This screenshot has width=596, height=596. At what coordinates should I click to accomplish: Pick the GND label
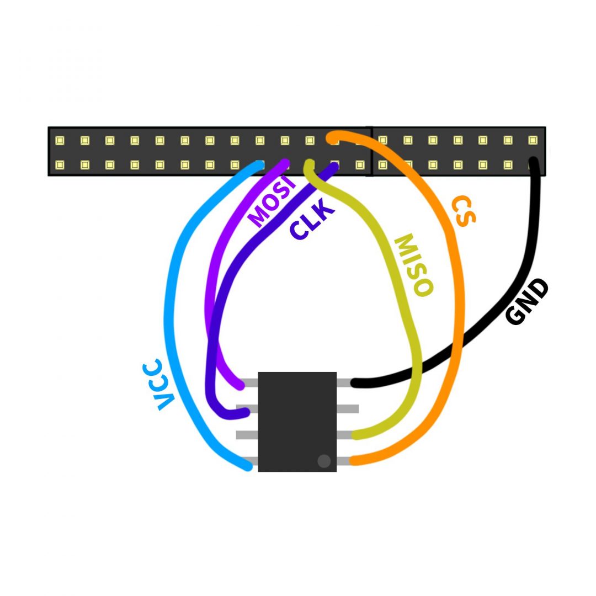coord(528,301)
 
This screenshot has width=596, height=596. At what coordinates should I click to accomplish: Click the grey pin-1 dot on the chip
coord(324,461)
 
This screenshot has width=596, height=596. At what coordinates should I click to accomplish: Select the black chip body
coord(297,421)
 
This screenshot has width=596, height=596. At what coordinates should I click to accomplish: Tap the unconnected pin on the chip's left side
coord(247,435)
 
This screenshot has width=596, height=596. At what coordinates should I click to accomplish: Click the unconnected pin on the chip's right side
coord(348,409)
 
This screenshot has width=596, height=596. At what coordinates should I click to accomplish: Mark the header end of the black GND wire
coord(533,162)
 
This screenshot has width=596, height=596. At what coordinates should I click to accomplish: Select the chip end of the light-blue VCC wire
coord(248,467)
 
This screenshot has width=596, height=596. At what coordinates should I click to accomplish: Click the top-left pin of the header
coord(60,140)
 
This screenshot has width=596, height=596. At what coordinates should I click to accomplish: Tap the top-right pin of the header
coord(533,140)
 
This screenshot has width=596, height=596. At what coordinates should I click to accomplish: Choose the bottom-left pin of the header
coord(60,164)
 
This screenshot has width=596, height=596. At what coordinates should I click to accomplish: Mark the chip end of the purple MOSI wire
coord(241,386)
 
